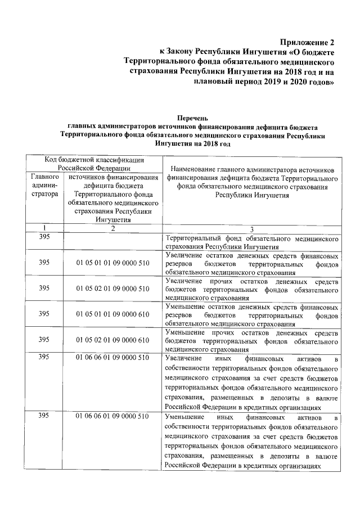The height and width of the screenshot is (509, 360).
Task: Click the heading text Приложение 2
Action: coord(309,42)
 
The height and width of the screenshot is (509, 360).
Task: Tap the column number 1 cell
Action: coord(44,228)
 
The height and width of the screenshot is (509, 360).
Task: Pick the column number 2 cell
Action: coord(112,228)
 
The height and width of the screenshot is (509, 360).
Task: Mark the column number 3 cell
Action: coord(251,228)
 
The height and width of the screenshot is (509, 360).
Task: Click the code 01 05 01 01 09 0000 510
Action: coord(112,263)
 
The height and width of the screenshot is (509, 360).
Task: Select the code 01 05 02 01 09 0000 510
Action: coord(112,289)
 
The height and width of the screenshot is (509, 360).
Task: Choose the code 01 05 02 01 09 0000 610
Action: coord(112,340)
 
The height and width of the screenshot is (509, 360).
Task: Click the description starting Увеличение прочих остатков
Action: coord(251,289)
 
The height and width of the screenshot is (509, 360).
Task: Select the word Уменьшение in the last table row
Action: coord(185,417)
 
